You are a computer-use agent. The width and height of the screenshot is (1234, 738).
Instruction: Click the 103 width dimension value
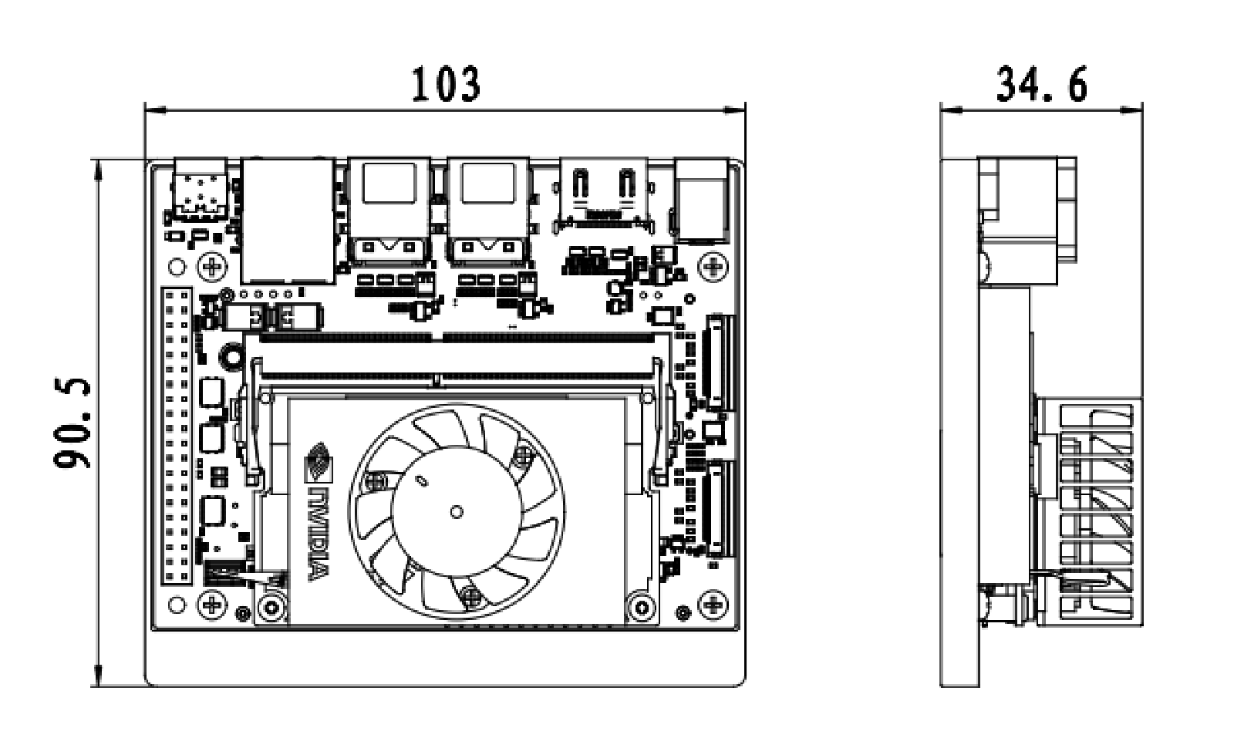[445, 84]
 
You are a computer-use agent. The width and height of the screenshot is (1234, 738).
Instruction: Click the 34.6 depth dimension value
[1041, 84]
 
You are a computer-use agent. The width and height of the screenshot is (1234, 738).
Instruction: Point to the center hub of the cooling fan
[456, 511]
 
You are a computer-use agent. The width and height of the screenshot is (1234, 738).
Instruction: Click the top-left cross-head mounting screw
[212, 268]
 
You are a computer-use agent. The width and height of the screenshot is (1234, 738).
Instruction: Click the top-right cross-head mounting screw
[715, 268]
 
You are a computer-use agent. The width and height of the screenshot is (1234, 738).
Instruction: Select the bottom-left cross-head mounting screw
[212, 605]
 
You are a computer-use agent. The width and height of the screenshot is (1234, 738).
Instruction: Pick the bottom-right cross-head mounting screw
[715, 605]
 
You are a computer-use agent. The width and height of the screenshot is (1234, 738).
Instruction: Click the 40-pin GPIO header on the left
[177, 436]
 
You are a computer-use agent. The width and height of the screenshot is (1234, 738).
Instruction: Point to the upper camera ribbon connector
[718, 362]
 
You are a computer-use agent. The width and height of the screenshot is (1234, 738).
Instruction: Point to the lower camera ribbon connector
[718, 509]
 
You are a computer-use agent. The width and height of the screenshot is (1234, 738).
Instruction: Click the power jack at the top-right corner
[701, 200]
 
